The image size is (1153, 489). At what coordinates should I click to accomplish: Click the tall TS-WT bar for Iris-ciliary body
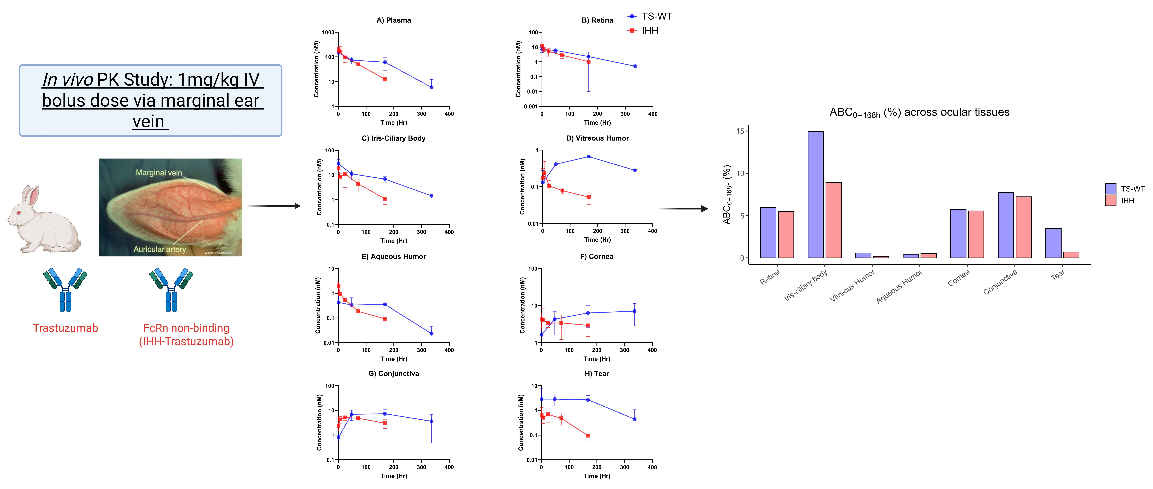[x=815, y=195]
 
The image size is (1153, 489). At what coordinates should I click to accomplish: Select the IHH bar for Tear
[x=1071, y=255]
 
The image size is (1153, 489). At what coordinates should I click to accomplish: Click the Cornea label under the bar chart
[x=959, y=278]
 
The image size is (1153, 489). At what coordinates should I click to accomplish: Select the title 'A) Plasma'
[x=393, y=20]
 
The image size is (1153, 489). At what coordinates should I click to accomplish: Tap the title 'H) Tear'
[x=597, y=374]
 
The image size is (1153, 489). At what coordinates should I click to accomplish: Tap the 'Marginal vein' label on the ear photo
[x=159, y=173]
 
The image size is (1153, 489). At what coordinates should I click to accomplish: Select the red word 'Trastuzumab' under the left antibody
[x=65, y=328]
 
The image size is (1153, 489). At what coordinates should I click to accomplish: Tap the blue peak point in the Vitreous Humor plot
[x=589, y=157]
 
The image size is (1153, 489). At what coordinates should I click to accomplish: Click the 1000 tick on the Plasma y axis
[x=328, y=33]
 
